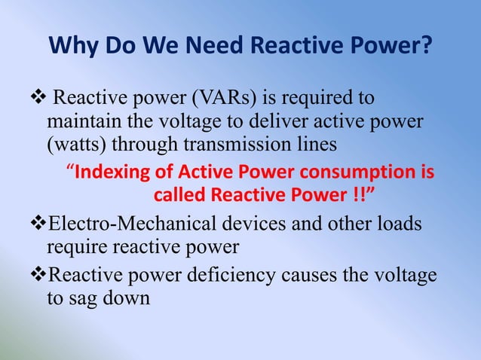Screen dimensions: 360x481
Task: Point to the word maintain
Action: click(78, 121)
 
